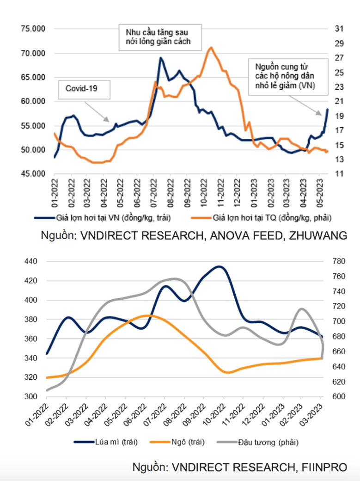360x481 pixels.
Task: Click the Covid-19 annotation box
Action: point(85,89)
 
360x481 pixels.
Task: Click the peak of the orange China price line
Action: point(211,47)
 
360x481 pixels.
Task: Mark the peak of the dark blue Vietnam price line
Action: point(160,58)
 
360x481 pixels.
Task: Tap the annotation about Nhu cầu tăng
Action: point(158,38)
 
